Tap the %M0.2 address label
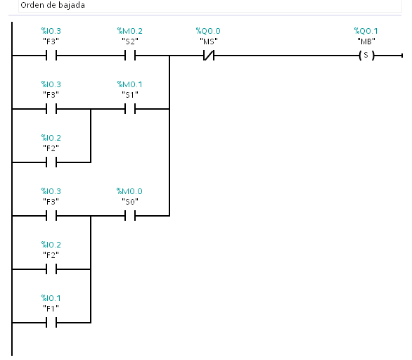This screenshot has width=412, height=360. (x=130, y=31)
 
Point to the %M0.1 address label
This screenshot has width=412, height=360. (x=130, y=84)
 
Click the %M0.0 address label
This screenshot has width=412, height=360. (x=129, y=191)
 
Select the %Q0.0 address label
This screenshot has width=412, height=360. (x=208, y=31)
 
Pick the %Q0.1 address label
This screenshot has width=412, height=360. (x=366, y=31)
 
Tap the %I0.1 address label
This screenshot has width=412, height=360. (x=51, y=298)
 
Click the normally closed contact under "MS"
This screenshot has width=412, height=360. (x=209, y=56)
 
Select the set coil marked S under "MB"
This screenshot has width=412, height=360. (x=366, y=56)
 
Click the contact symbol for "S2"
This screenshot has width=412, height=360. (x=130, y=56)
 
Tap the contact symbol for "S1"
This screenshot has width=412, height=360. (x=130, y=109)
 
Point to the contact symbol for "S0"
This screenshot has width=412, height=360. (x=130, y=216)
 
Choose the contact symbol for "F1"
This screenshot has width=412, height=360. (x=51, y=323)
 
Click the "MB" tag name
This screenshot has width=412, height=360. (x=366, y=41)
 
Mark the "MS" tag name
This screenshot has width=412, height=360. (x=209, y=41)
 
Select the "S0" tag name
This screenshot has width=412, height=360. (x=130, y=202)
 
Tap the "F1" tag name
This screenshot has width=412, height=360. (x=51, y=309)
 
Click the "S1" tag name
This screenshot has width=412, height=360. (x=130, y=95)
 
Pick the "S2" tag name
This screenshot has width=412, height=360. (x=130, y=41)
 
